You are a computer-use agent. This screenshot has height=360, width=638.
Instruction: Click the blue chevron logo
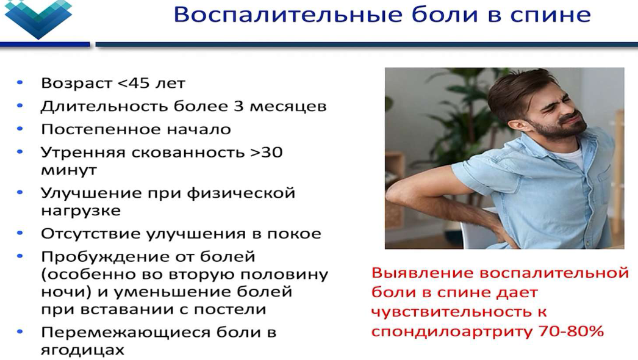click(38, 18)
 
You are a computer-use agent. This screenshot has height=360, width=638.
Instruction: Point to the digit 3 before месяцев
click(238, 106)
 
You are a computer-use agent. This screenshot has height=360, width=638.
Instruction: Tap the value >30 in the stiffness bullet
click(267, 153)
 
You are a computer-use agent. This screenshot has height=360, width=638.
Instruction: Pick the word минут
click(69, 170)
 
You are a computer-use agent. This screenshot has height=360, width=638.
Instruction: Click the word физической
click(241, 193)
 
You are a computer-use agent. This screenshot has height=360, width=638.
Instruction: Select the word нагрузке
click(81, 211)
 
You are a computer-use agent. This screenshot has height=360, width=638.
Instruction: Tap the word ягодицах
click(82, 350)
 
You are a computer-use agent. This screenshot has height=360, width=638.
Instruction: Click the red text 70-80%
click(571, 331)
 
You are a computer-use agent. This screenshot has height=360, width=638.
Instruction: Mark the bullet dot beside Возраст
click(20, 83)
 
